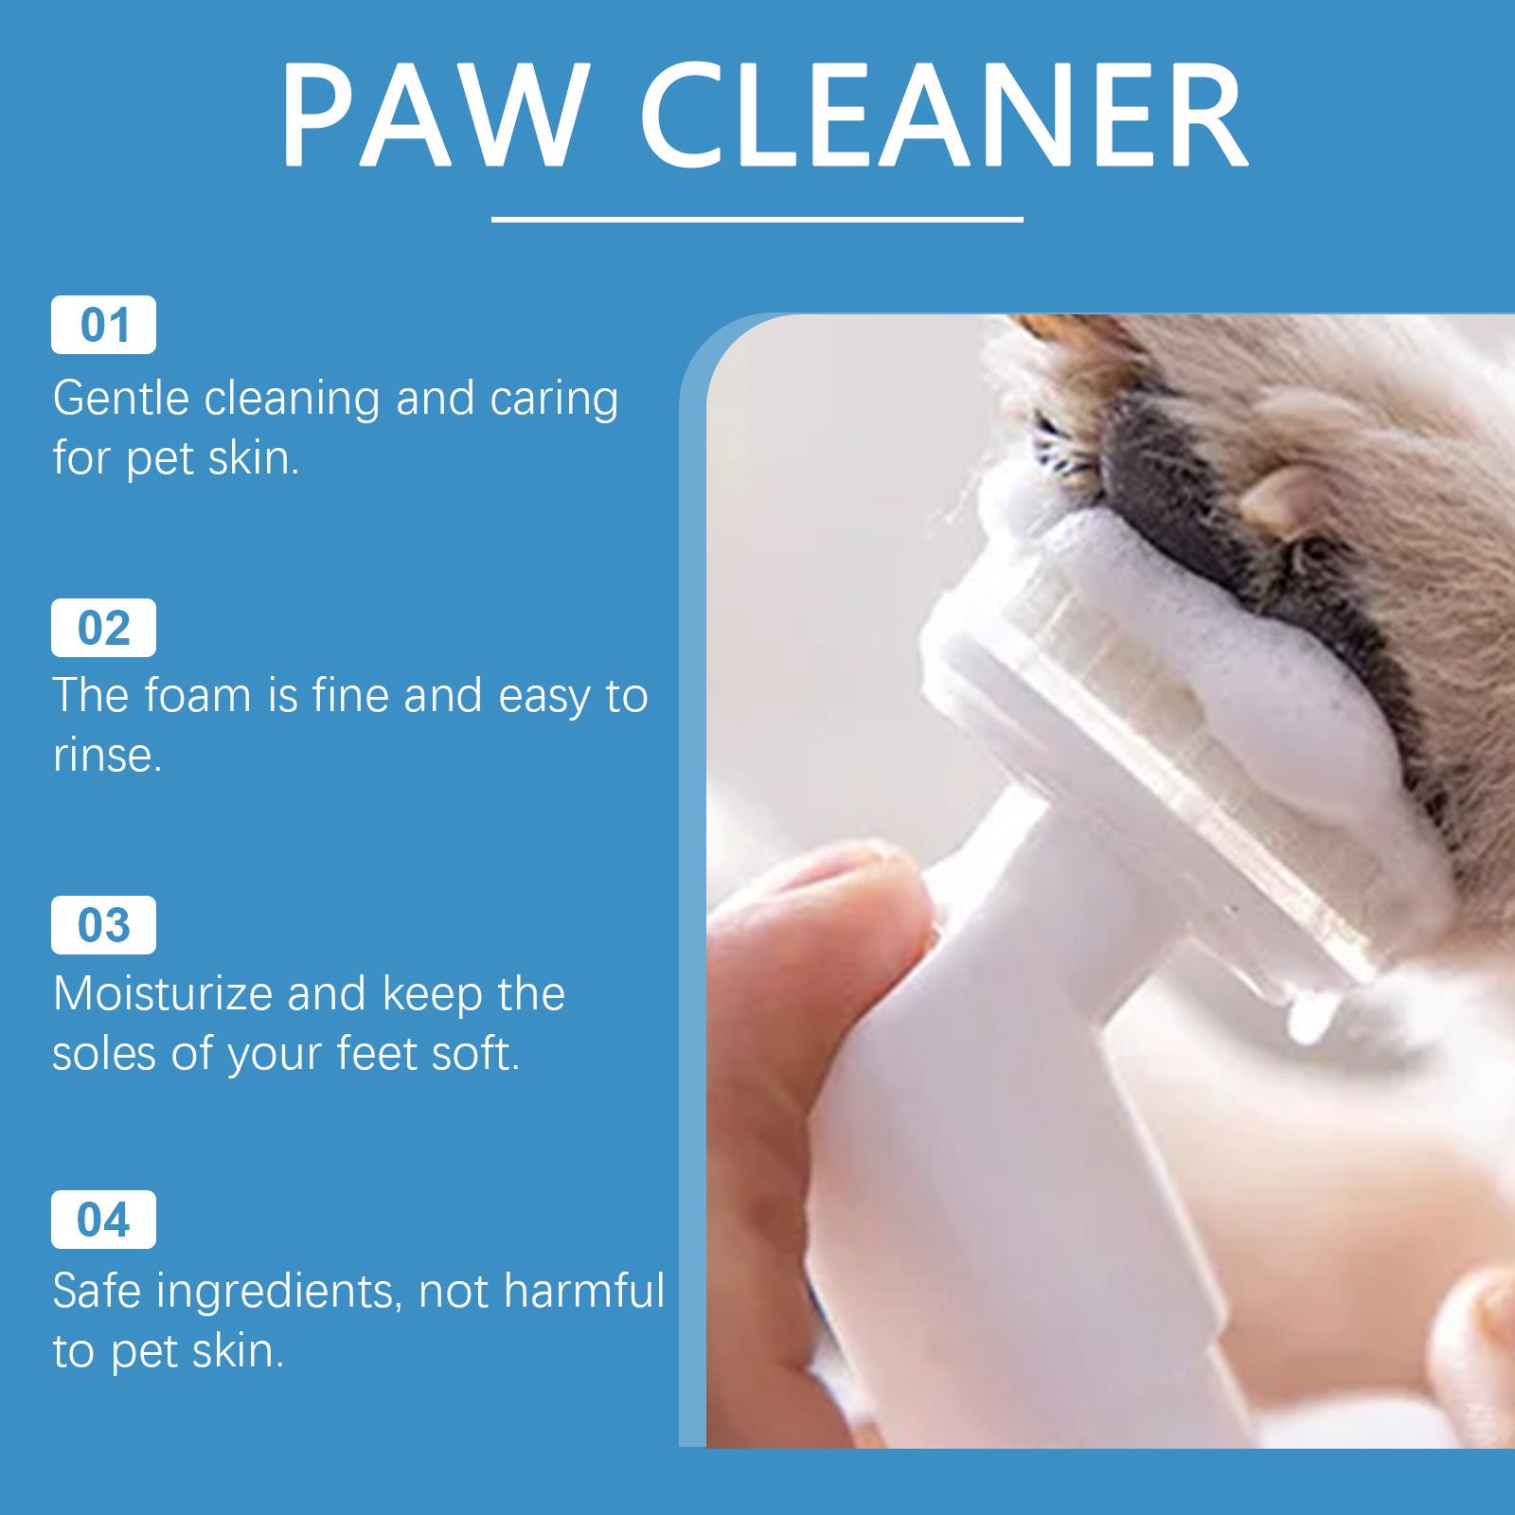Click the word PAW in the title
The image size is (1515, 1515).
point(431,116)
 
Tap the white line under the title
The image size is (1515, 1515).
point(757,219)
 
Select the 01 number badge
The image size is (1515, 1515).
point(103,325)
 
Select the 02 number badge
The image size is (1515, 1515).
point(103,628)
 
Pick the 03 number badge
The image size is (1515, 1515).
point(103,925)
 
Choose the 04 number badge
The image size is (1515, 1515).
point(103,1220)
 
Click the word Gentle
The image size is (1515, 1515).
point(121,399)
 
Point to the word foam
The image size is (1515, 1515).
point(199,696)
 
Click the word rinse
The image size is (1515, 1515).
point(106,756)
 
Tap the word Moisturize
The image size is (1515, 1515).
point(161,994)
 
